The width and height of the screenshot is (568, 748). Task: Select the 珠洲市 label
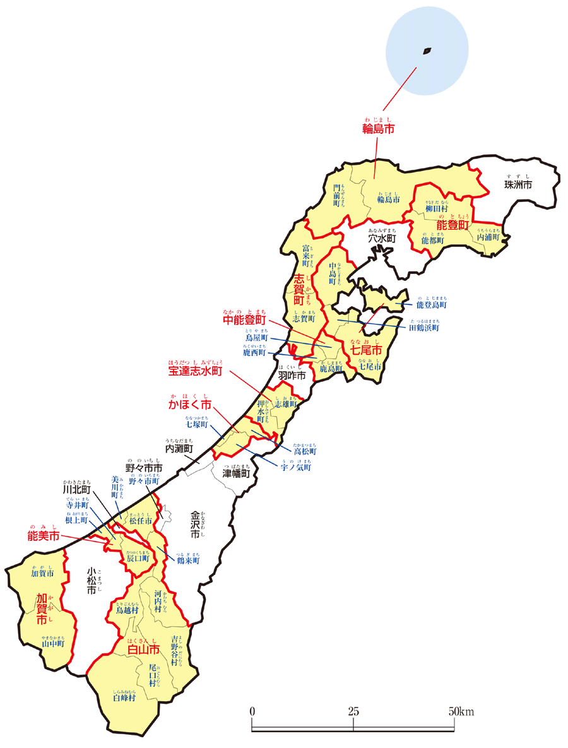518,185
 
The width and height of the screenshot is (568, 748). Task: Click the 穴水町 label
382,240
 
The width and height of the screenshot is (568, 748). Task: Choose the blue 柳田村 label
437,208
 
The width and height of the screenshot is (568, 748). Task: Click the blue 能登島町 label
431,304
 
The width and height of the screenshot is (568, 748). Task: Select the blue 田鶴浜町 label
424,328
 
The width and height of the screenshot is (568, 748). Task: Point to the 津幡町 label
236,473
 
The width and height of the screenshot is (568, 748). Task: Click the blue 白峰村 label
124,698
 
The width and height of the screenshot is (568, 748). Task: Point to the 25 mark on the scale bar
353,711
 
